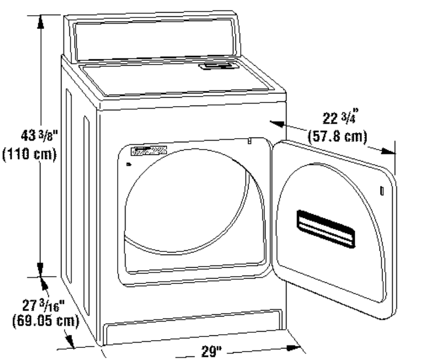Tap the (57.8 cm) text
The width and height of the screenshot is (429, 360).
[337, 136]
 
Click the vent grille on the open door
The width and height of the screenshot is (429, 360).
[325, 229]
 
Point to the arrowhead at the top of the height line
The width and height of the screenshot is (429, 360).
[41, 21]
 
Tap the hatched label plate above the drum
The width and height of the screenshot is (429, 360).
[150, 151]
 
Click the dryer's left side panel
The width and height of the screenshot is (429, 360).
[78, 199]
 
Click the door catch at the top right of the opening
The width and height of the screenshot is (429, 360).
[249, 141]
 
